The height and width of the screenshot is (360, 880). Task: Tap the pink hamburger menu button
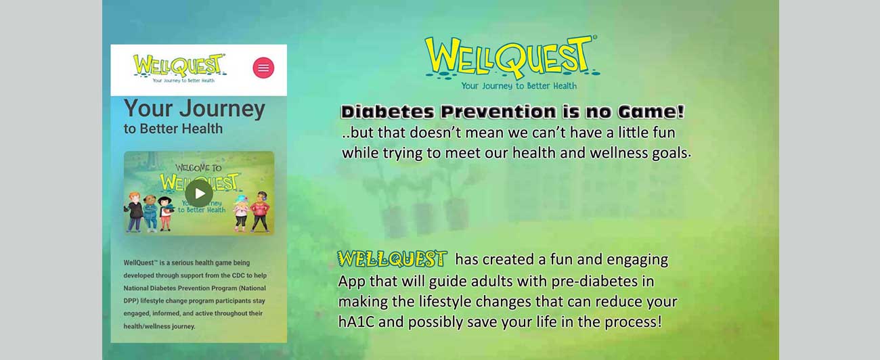point(263,68)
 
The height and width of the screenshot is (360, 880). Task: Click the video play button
point(199,193)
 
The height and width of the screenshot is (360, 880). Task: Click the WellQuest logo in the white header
point(180,68)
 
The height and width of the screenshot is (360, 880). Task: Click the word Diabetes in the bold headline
point(388,112)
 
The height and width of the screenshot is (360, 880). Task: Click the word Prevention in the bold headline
point(498,112)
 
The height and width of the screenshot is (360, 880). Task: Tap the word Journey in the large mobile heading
point(222,109)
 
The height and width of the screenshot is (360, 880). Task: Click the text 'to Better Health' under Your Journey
point(173,129)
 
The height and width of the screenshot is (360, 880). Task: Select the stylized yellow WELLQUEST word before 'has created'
point(392,258)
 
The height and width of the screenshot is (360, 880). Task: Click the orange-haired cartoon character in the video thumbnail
point(134,212)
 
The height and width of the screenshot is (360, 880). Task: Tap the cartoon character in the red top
point(260,212)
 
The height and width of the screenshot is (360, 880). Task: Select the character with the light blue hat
point(241,213)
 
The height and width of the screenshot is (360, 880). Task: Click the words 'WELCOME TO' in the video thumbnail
point(198,168)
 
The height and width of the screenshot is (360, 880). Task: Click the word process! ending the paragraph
point(634,322)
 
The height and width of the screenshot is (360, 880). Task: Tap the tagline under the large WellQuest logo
point(519,86)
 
